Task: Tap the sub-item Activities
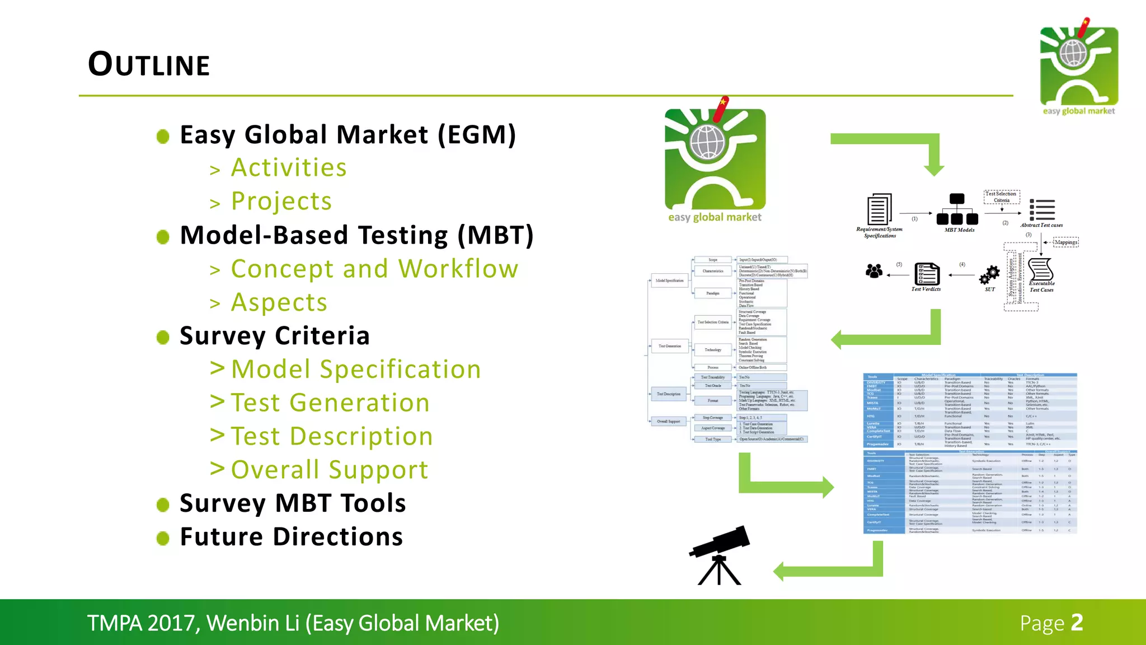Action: (289, 167)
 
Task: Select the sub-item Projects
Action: (281, 201)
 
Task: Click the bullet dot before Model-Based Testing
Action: (163, 237)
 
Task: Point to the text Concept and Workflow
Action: (374, 269)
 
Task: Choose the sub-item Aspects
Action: (279, 302)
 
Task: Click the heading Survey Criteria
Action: (275, 336)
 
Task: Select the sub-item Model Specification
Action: (356, 370)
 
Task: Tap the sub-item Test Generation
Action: (330, 403)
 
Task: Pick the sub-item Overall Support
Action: (330, 470)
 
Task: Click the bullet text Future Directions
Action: (291, 536)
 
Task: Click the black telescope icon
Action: (719, 554)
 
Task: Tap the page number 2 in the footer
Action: (1077, 623)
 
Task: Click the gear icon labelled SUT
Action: (989, 275)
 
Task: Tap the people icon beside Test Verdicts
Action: (873, 272)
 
